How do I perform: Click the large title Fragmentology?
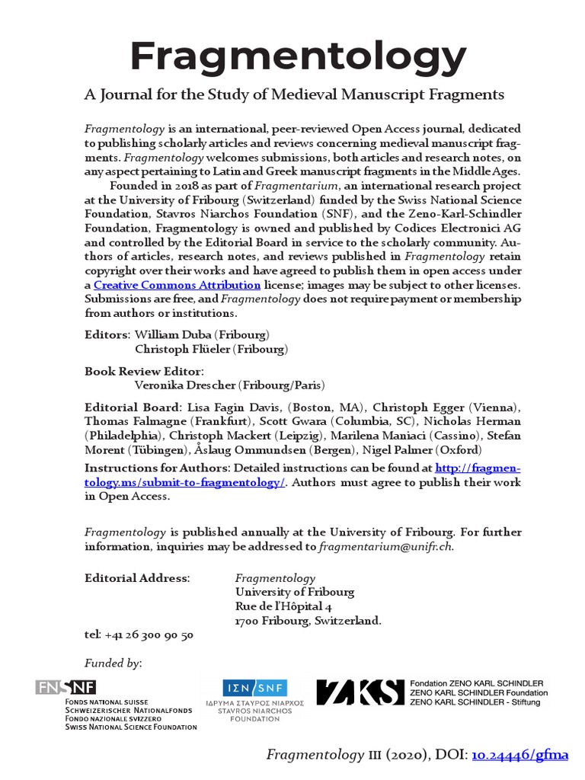click(298, 55)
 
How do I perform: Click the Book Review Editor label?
click(144, 371)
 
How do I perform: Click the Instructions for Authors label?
click(157, 467)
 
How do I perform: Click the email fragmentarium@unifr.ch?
click(385, 546)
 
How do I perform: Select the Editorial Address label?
click(137, 578)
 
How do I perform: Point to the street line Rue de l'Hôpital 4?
click(283, 606)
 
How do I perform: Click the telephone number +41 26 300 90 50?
click(150, 635)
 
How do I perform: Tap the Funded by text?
click(113, 663)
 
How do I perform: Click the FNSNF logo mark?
click(66, 687)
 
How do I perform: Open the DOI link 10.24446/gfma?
click(521, 756)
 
